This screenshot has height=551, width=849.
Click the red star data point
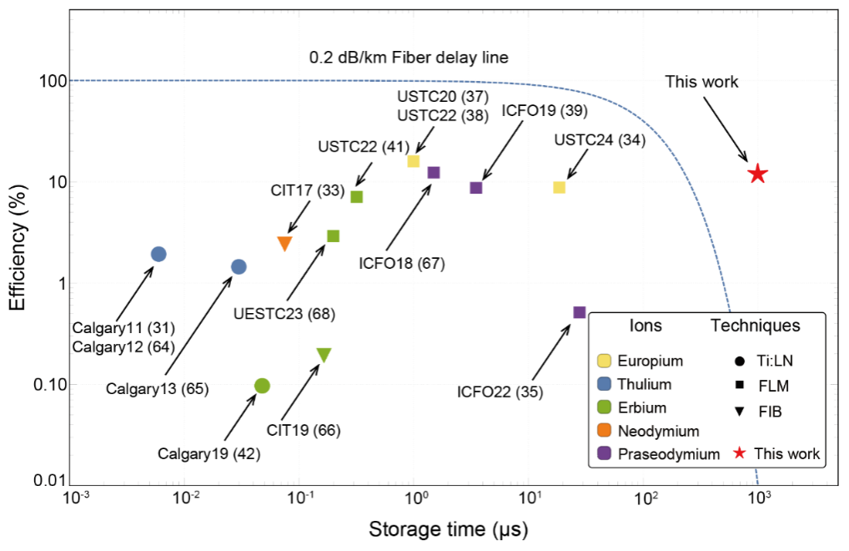pyautogui.click(x=757, y=174)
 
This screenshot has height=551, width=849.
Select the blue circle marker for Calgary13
pyautogui.click(x=239, y=266)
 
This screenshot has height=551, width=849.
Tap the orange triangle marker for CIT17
pyautogui.click(x=284, y=243)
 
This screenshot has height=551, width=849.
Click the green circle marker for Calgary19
pyautogui.click(x=262, y=385)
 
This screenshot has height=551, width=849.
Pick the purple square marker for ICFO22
pyautogui.click(x=579, y=312)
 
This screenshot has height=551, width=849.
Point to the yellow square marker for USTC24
pyautogui.click(x=559, y=187)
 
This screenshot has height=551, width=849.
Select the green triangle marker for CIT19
pyautogui.click(x=324, y=355)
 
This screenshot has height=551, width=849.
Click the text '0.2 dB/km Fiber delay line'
pyautogui.click(x=409, y=58)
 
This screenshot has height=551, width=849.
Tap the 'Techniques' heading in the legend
pyautogui.click(x=755, y=326)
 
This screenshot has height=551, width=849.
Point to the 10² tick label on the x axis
pyautogui.click(x=643, y=499)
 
